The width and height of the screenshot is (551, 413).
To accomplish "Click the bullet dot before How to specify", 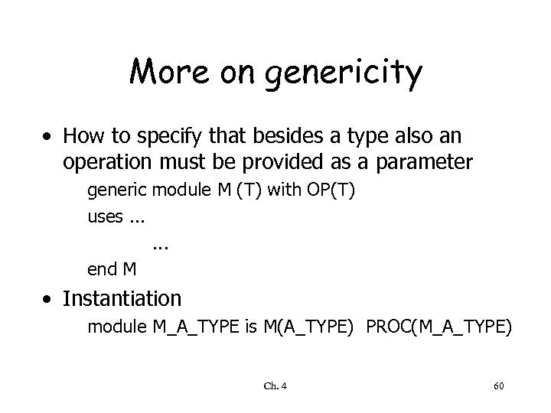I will coord(48,138).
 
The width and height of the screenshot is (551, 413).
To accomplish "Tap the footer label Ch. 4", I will coord(275,387).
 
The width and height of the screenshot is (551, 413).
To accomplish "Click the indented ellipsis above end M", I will coord(161,245).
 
